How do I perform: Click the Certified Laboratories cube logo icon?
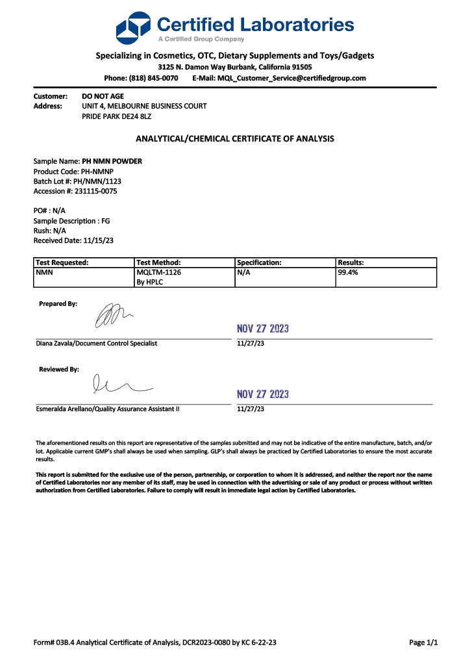[133, 27]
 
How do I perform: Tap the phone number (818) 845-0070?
[153, 78]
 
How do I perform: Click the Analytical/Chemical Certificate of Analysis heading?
[234, 138]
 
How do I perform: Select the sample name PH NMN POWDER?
[112, 161]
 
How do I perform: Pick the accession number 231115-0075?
[93, 192]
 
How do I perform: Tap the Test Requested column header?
[62, 262]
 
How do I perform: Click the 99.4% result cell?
[348, 273]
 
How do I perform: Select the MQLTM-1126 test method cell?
[159, 273]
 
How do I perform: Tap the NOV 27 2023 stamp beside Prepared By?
[263, 329]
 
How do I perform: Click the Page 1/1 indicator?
[423, 643]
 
